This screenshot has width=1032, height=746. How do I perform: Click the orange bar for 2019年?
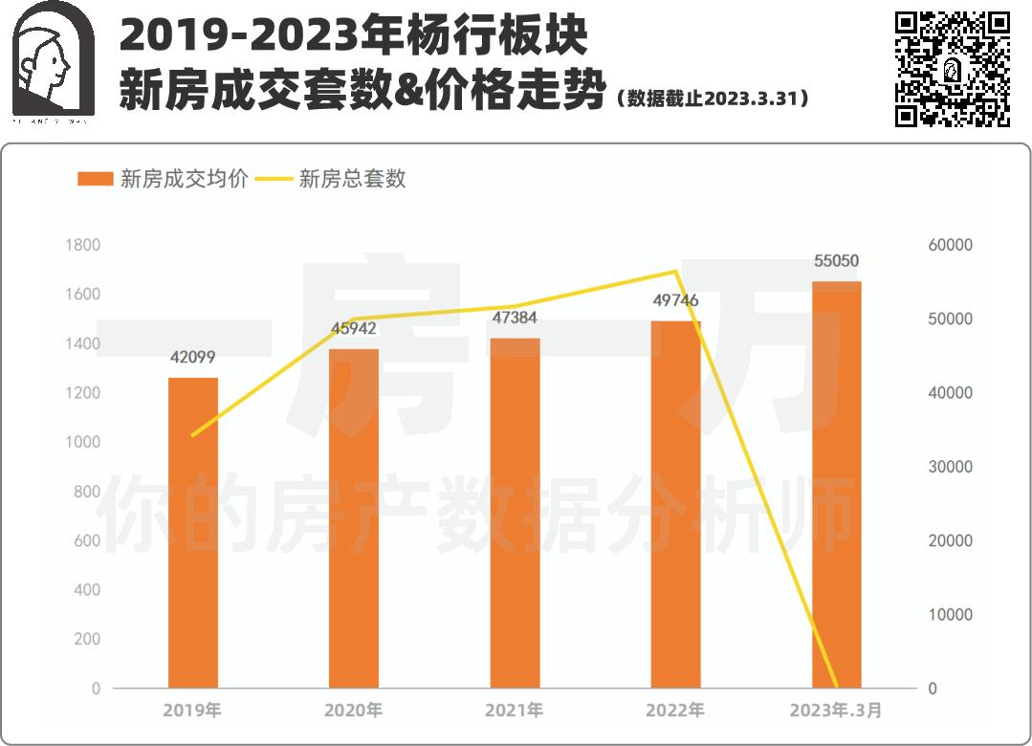click(193, 533)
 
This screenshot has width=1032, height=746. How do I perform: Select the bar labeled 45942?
click(354, 518)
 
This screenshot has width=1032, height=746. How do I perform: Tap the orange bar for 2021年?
click(515, 513)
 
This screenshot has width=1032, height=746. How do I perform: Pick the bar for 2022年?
click(675, 504)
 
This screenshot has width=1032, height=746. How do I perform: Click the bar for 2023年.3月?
click(837, 484)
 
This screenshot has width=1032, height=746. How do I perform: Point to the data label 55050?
click(837, 260)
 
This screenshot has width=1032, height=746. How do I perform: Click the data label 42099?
click(193, 358)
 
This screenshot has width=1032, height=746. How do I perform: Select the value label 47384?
click(515, 318)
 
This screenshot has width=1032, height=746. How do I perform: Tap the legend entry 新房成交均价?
click(163, 179)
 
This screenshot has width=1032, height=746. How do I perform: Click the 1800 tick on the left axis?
click(83, 245)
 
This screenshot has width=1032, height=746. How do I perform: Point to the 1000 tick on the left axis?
click(83, 442)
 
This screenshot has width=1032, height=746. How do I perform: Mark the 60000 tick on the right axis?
click(951, 245)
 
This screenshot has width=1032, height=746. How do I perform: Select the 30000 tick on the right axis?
click(951, 467)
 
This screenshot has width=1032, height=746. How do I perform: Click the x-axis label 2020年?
click(354, 711)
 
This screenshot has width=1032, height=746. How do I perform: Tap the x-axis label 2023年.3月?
click(836, 711)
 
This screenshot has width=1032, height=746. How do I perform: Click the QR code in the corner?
click(952, 69)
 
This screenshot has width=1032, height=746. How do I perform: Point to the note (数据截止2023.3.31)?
click(714, 99)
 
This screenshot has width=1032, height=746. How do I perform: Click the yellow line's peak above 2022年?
click(675, 272)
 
